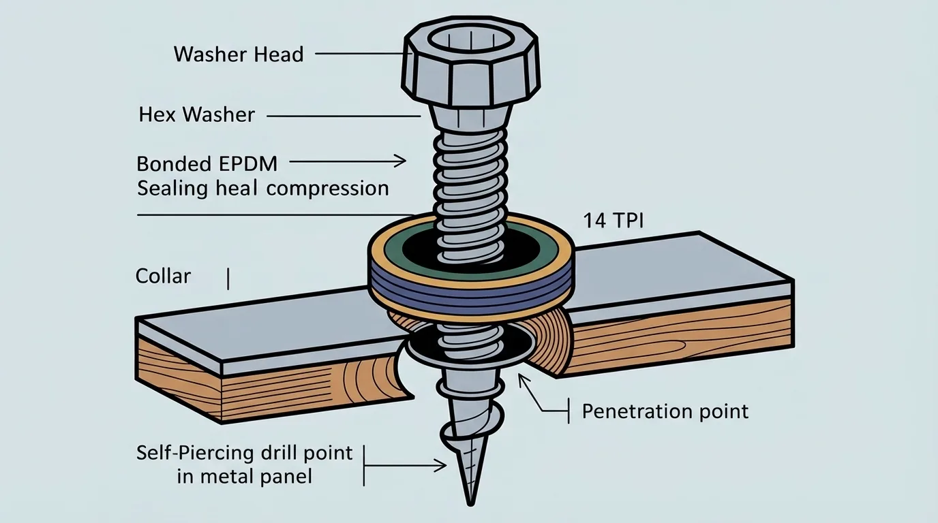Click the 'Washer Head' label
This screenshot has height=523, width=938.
(x=239, y=54)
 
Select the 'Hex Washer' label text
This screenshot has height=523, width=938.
(x=196, y=114)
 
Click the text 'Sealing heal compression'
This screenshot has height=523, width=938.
(x=262, y=188)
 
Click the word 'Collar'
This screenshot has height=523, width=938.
(x=163, y=276)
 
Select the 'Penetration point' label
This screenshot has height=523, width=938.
(x=665, y=411)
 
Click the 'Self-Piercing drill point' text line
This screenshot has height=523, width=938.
(x=245, y=452)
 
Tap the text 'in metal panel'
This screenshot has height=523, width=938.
(x=245, y=476)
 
